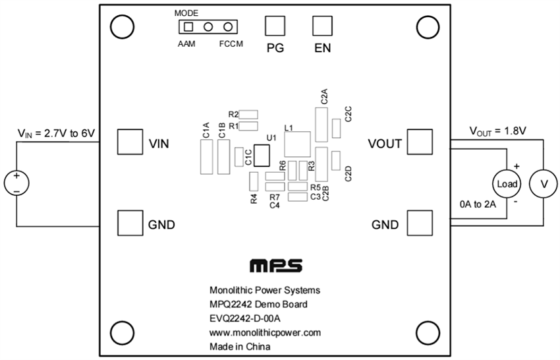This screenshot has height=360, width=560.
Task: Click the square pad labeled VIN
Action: (x=130, y=142)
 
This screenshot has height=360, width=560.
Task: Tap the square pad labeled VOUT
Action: (x=419, y=142)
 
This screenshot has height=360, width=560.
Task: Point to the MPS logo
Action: (x=276, y=265)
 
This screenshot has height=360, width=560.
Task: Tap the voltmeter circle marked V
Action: (x=544, y=185)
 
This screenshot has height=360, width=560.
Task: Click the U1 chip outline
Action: (x=262, y=156)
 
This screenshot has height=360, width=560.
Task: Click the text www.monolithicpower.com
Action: (x=265, y=332)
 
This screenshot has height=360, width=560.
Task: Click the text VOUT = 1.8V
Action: (x=497, y=131)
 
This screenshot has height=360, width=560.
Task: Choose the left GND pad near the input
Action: (x=130, y=224)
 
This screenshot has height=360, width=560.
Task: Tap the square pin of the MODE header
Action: (x=188, y=27)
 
